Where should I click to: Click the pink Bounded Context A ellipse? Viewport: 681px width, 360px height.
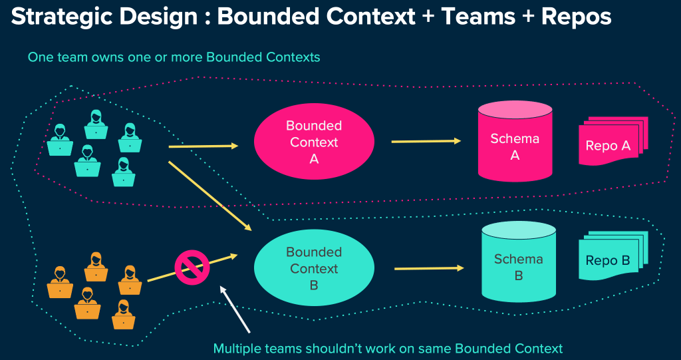coord(314,142)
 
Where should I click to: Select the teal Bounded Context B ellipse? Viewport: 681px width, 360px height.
coord(314,268)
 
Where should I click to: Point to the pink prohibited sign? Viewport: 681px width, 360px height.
coord(192,268)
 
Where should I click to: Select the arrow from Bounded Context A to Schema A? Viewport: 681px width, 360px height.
coord(426,141)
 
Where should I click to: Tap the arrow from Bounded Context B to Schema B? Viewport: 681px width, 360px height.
coord(428,268)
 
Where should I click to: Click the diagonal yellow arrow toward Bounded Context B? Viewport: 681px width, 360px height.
coord(209,195)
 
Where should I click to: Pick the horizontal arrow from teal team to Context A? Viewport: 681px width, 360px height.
coord(203,146)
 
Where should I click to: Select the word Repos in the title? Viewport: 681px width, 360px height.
coord(576,17)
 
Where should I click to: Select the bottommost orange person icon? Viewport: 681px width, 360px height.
coord(123,315)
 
